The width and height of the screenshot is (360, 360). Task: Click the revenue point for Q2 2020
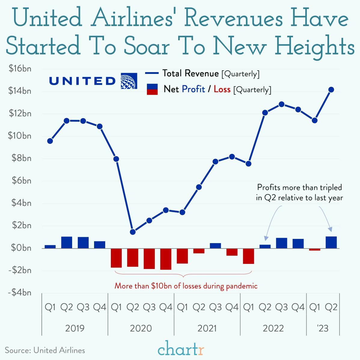pos(133,232)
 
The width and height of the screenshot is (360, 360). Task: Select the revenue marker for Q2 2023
pos(331,90)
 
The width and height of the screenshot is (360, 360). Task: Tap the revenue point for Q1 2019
pos(50,141)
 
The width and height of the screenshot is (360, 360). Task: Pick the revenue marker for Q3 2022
pos(282,104)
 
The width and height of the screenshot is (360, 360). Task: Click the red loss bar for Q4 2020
pos(166,259)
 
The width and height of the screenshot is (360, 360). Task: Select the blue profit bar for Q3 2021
pos(215,246)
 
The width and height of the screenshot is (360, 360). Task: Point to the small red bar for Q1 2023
pos(315,249)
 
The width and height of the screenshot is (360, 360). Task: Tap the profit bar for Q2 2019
pos(67,243)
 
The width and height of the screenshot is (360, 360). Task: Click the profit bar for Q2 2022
pos(265,246)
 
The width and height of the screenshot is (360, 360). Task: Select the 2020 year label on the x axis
pos(141,328)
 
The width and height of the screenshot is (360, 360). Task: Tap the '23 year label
pos(323,328)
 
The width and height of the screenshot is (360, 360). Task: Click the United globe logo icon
pos(129,81)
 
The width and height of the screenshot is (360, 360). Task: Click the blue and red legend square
pos(152,89)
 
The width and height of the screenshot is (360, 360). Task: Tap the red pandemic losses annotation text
pos(186,286)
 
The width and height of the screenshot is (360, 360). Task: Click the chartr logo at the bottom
pos(181,349)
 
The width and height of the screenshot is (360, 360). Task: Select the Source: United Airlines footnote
pos(45,350)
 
